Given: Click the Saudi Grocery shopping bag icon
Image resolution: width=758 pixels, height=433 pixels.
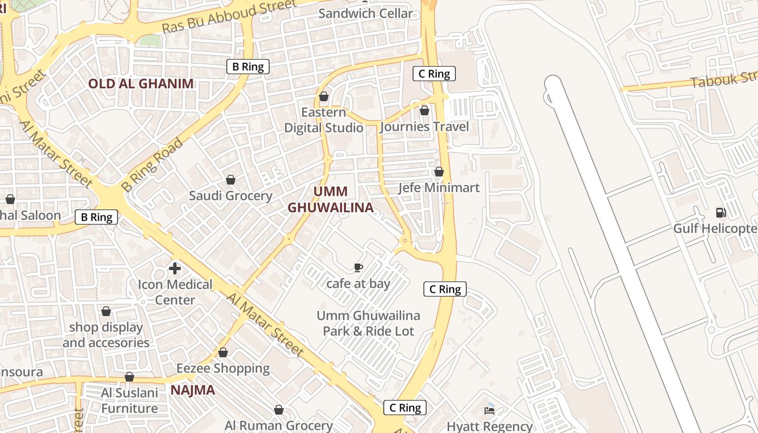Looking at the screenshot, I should [x=231, y=180].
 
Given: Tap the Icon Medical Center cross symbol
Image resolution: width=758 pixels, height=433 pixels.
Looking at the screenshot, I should [x=175, y=268].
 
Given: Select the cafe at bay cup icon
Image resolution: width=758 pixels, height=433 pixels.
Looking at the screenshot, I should [x=358, y=267].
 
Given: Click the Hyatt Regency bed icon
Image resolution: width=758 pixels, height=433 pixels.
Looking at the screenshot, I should [x=490, y=410].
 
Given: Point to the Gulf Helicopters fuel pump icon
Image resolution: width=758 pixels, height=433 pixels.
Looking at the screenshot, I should [x=721, y=212].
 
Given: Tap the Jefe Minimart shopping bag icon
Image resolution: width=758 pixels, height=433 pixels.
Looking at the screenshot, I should [x=439, y=172].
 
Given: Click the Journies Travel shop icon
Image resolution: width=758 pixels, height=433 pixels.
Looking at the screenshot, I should [x=424, y=110].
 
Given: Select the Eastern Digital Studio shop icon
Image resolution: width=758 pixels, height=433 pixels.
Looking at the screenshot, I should [x=324, y=96].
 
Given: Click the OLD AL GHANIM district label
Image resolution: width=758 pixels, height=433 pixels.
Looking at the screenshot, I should [x=141, y=83].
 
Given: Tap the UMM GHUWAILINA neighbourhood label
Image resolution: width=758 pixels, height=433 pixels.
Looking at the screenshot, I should [x=330, y=200].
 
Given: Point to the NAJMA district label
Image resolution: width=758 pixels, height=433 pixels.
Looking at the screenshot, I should [x=193, y=390].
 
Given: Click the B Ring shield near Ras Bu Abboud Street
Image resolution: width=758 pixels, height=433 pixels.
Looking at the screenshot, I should [x=248, y=67].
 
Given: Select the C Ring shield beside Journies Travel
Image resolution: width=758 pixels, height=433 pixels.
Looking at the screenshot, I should [x=434, y=74].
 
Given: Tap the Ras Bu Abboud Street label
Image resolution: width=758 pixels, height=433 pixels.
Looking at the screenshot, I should [x=230, y=16].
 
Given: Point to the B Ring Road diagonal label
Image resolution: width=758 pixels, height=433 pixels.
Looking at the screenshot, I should [x=152, y=165].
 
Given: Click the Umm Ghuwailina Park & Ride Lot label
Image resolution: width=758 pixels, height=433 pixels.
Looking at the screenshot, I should [x=368, y=323].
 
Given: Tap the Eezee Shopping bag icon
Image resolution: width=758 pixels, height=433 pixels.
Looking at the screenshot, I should [x=223, y=352].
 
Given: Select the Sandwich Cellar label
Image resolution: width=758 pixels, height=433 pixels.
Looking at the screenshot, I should [x=365, y=14].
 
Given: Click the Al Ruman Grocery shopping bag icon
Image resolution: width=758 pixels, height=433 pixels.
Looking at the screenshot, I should [x=279, y=410].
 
